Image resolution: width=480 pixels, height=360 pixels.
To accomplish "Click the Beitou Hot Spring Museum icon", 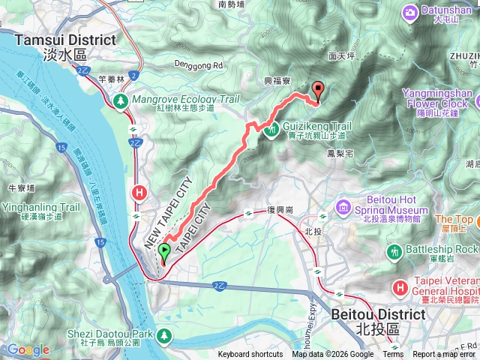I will tap(343, 205).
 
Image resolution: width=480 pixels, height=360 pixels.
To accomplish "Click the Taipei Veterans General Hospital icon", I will tap(400, 286).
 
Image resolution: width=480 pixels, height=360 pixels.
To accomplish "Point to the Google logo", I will tap(28, 349).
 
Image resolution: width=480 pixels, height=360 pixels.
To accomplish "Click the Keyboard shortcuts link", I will tap(250, 355).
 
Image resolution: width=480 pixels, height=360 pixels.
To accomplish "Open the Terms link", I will tap(393, 355).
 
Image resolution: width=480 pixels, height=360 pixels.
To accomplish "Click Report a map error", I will tap(445, 355).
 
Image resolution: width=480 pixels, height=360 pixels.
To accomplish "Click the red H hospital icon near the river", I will tap(139, 193).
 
